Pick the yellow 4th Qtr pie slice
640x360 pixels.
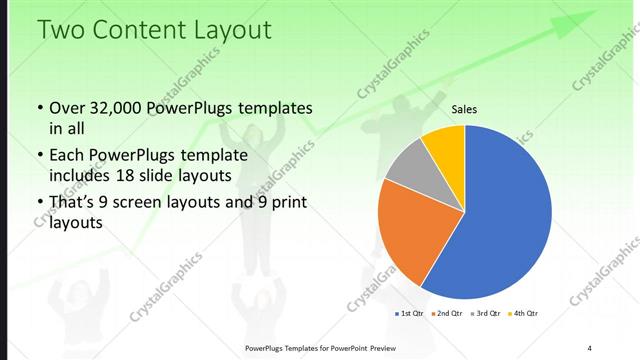click(445, 145)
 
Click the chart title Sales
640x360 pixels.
click(464, 109)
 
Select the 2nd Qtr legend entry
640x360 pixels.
click(447, 314)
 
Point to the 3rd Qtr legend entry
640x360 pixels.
click(486, 314)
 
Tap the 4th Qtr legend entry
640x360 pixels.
click(524, 314)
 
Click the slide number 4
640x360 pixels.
click(590, 347)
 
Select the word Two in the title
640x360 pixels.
click(59, 31)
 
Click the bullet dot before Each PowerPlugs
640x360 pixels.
click(39, 156)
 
